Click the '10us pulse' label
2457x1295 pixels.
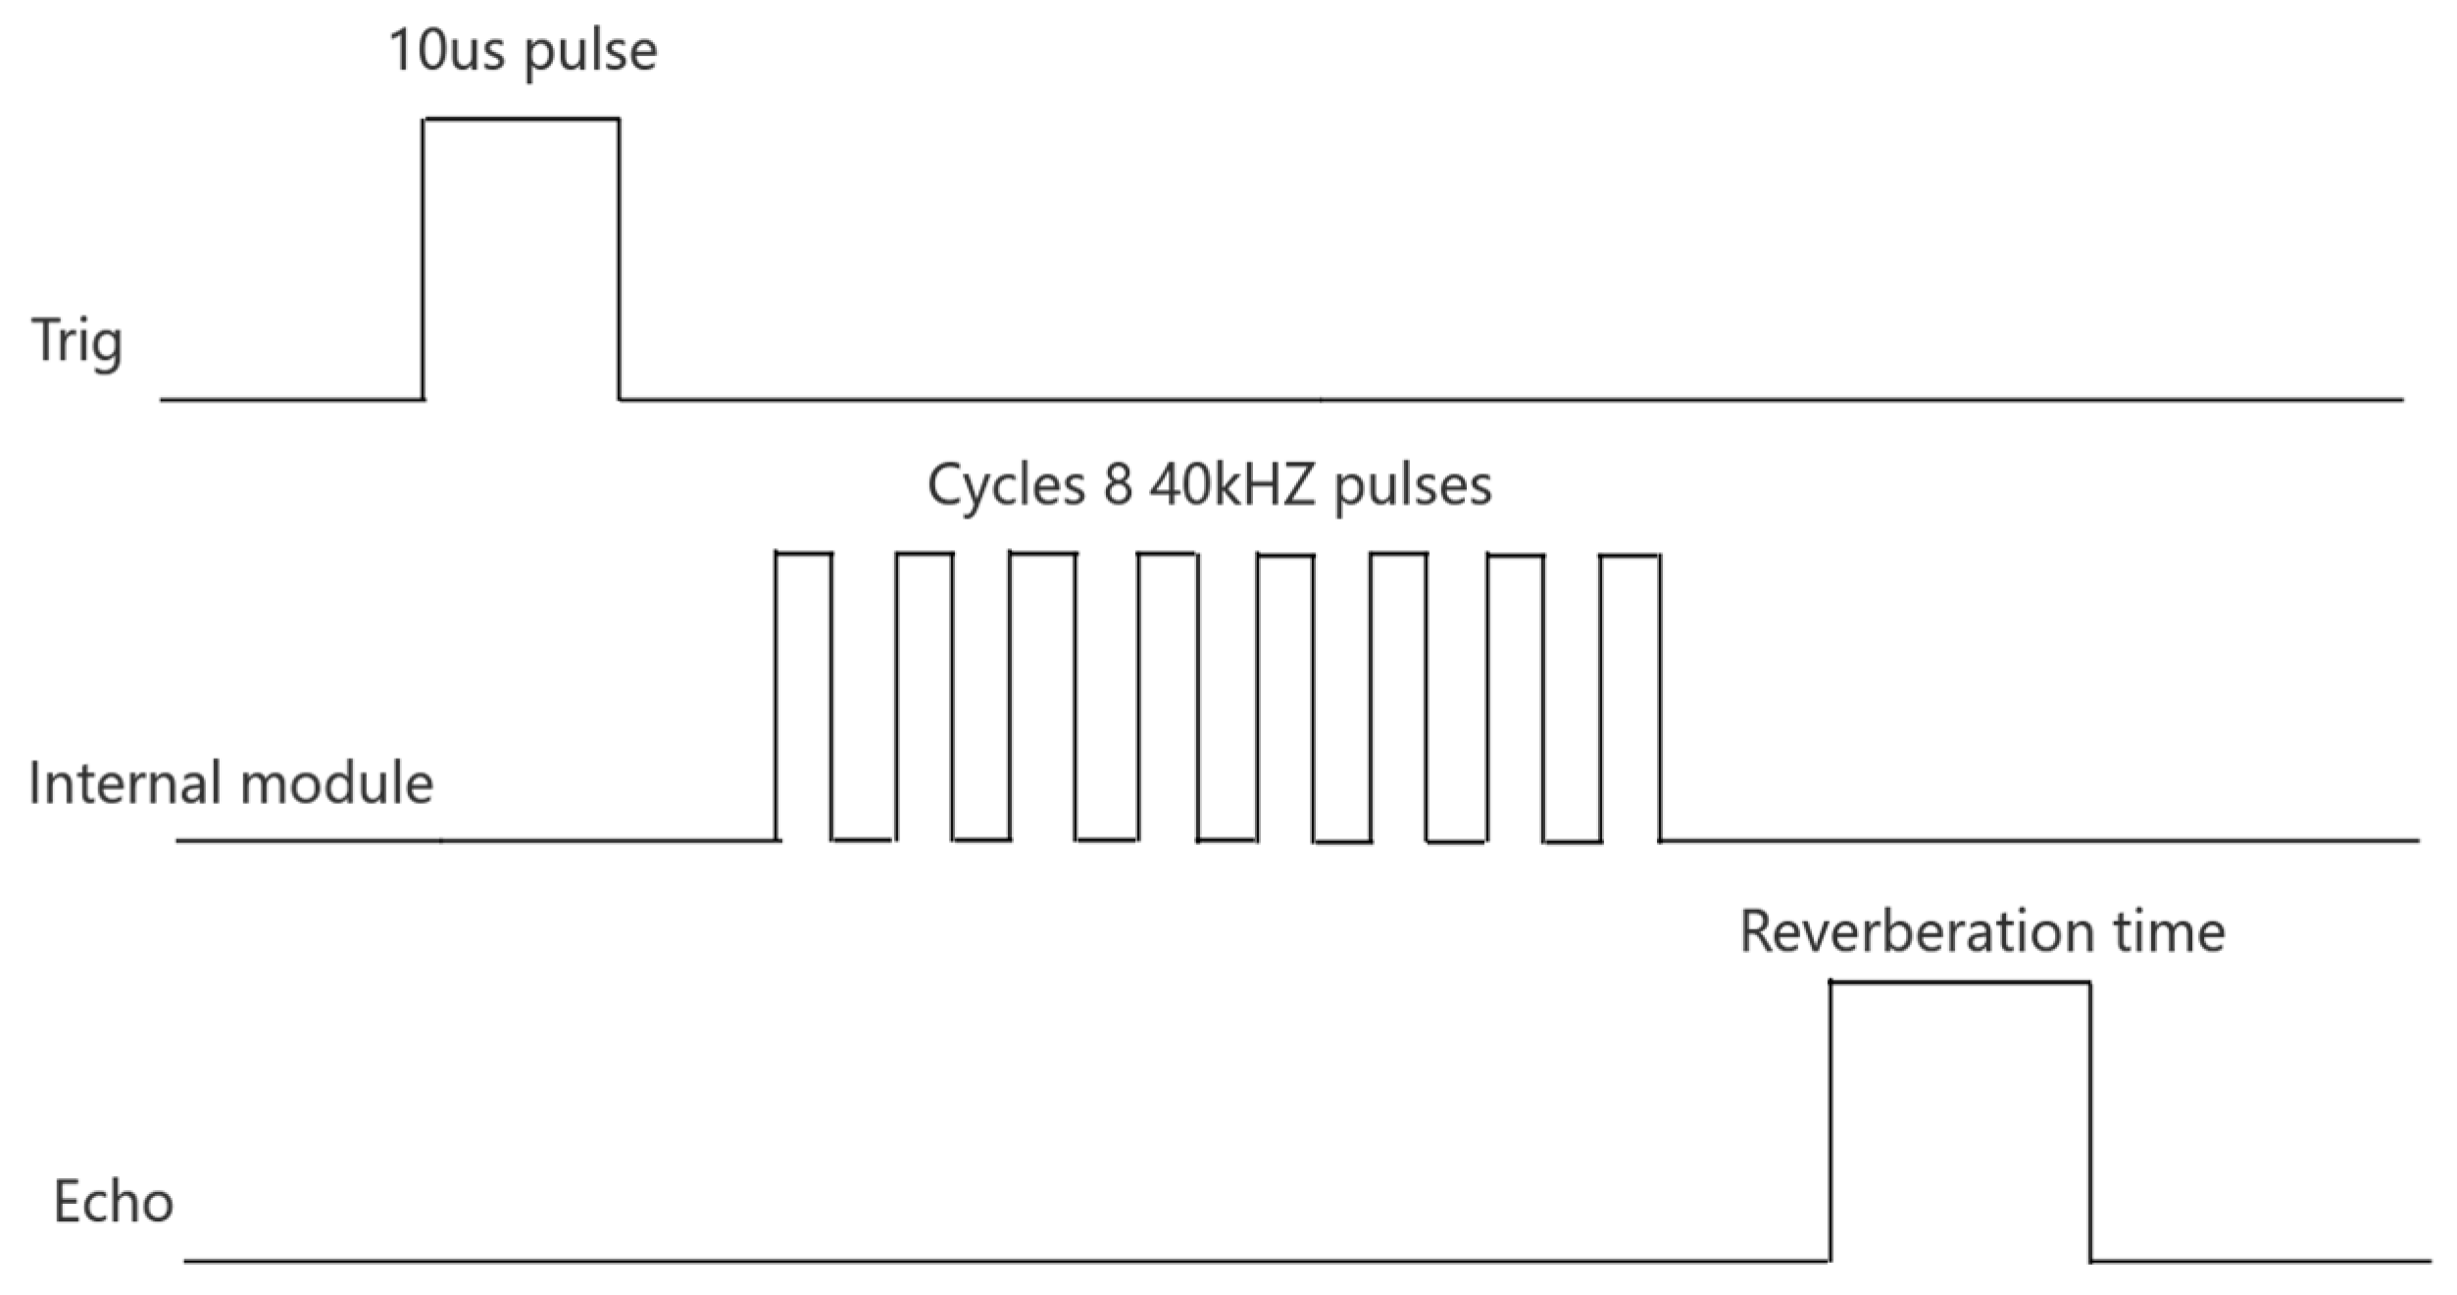[x=523, y=51]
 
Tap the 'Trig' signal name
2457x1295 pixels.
[x=77, y=341]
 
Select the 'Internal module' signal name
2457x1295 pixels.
[x=231, y=783]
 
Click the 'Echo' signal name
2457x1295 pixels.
[x=113, y=1202]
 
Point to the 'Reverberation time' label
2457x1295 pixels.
[x=1981, y=931]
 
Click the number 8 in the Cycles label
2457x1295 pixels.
[x=1118, y=484]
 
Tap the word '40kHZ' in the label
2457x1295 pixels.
[x=1231, y=484]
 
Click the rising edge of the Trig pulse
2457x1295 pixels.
[x=424, y=260]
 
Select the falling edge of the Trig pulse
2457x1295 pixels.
[x=619, y=260]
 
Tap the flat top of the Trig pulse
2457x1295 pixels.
[x=521, y=120]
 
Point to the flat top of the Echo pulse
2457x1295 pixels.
[x=1960, y=982]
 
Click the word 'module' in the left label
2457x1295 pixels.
[x=336, y=783]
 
